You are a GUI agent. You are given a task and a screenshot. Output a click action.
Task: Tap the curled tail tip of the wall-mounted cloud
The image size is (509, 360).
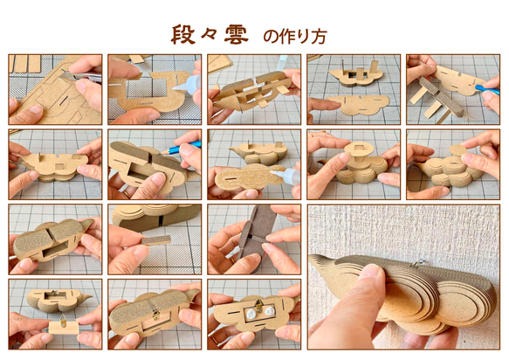point(319,260)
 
